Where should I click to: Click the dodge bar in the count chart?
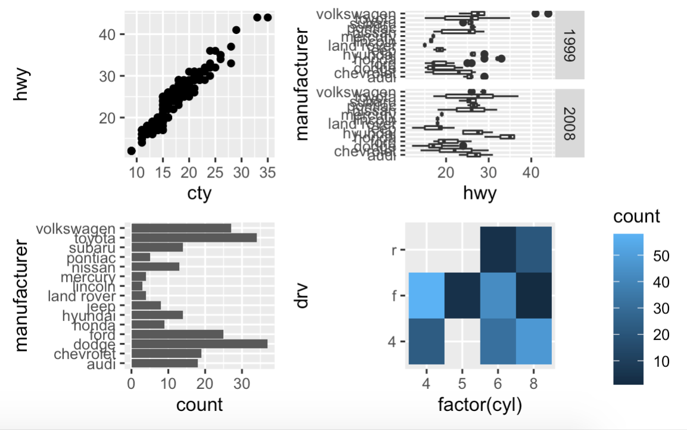point(199,344)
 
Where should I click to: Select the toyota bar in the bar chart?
point(193,238)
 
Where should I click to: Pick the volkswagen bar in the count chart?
point(181,228)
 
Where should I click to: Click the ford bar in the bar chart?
point(177,334)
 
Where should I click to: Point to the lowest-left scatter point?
point(132,151)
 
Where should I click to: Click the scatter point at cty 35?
point(267,17)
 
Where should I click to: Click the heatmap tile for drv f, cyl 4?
point(426,295)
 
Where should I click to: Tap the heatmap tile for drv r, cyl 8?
point(535,250)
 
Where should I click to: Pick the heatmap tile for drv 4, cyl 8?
point(535,341)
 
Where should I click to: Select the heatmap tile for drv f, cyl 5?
point(463,295)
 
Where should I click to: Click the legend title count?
point(636,216)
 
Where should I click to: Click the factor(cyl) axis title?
point(480,406)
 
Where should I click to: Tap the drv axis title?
point(302,296)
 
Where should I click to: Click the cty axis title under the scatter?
point(199,194)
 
